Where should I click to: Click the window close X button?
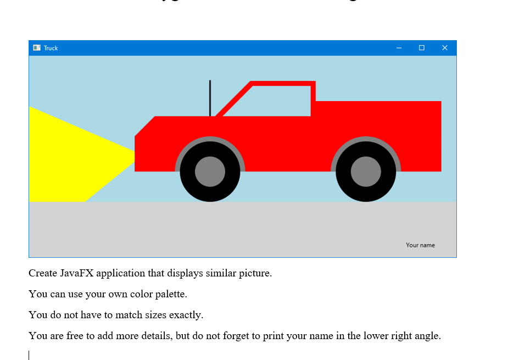pyautogui.click(x=445, y=48)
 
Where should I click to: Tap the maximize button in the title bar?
pyautogui.click(x=422, y=48)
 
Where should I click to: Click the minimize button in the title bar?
pyautogui.click(x=399, y=48)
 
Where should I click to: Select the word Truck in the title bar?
pyautogui.click(x=51, y=48)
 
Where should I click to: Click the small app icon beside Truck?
pyautogui.click(x=37, y=48)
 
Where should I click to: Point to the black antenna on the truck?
pyautogui.click(x=210, y=98)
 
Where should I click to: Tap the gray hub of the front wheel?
pyautogui.click(x=210, y=171)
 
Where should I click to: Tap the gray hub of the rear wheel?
pyautogui.click(x=366, y=171)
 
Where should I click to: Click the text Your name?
pyautogui.click(x=420, y=245)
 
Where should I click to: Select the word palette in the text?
pyautogui.click(x=169, y=294)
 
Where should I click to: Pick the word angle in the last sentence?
pyautogui.click(x=427, y=336)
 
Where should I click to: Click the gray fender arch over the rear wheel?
pyautogui.click(x=366, y=139)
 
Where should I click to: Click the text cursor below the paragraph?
pyautogui.click(x=29, y=355)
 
